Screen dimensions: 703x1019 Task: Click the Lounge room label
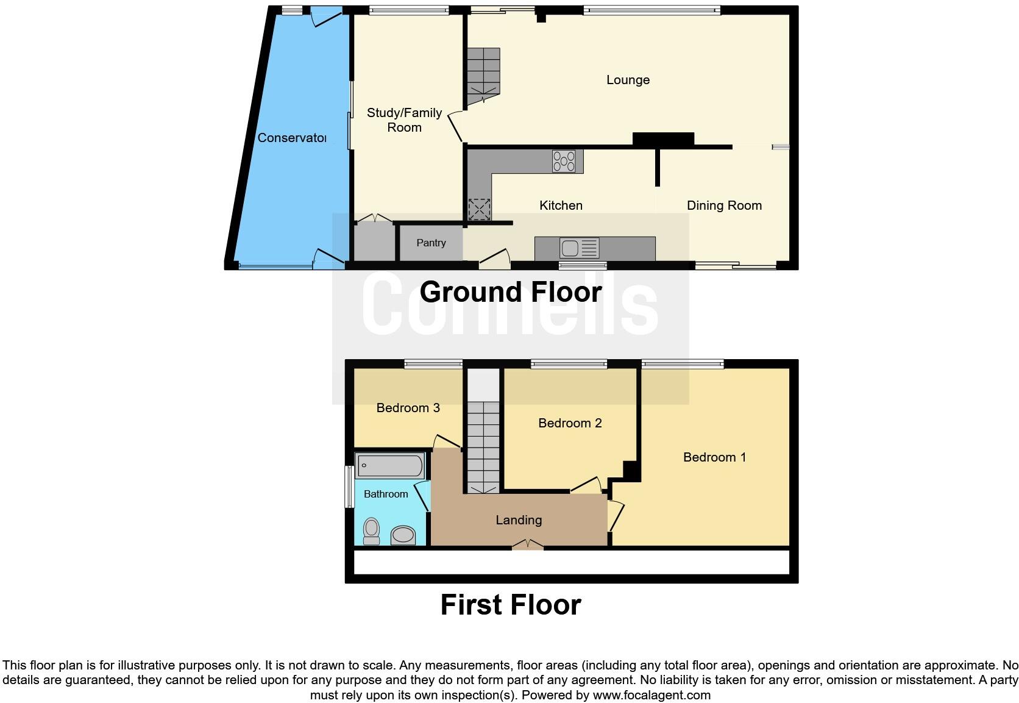pos(628,80)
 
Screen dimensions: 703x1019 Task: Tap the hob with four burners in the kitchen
pos(564,162)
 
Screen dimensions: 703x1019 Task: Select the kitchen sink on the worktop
pos(580,248)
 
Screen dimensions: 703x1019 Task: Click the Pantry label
pos(431,243)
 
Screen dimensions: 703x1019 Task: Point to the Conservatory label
pos(291,138)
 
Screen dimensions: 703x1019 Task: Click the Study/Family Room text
pos(404,120)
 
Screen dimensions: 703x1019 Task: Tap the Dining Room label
pos(724,205)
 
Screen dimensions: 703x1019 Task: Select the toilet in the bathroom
pos(371,531)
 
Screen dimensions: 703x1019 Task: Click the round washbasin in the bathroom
pos(402,535)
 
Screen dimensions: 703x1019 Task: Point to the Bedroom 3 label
pos(408,408)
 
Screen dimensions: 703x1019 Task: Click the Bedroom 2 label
pos(570,423)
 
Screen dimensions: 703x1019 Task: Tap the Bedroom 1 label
pos(714,457)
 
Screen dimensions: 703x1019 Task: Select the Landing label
pos(519,520)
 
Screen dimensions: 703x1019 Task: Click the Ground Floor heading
pos(510,292)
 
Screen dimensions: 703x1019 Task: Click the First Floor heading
pos(510,605)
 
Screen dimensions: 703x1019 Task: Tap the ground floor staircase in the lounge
pos(483,76)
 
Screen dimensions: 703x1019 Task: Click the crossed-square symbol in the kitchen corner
pos(479,209)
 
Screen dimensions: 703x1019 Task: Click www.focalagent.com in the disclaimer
pos(652,695)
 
